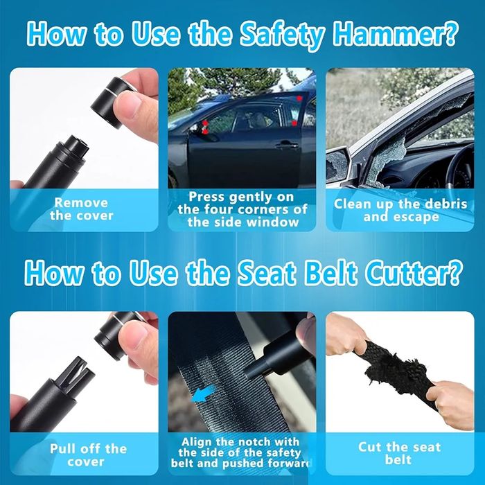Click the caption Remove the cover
tap(81, 209)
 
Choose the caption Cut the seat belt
tap(399, 453)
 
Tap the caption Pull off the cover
tap(88, 455)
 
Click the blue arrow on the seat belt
tap(202, 394)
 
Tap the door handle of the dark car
tap(287, 144)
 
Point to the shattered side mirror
tap(337, 164)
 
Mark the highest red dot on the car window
tap(299, 98)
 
